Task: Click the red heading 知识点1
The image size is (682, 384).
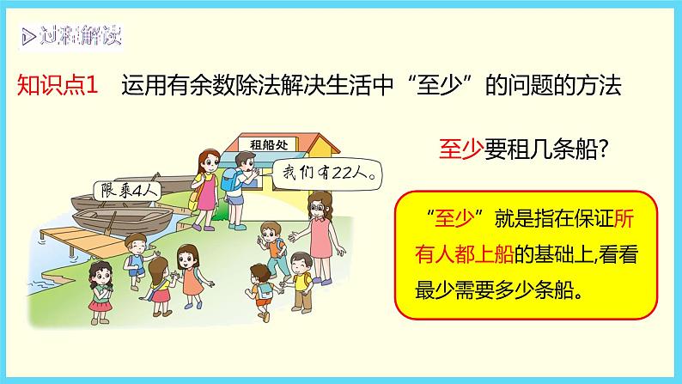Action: click(59, 87)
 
